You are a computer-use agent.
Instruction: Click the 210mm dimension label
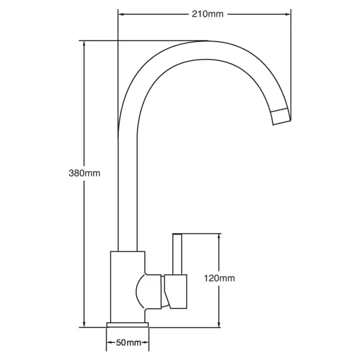click(208, 14)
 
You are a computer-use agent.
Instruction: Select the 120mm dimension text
click(219, 278)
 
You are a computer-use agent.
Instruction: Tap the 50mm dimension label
click(127, 343)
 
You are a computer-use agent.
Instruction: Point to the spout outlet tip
click(281, 117)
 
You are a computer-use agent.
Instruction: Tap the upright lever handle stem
click(178, 253)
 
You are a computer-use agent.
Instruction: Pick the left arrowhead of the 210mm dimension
click(121, 14)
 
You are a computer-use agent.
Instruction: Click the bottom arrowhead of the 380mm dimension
click(85, 324)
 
